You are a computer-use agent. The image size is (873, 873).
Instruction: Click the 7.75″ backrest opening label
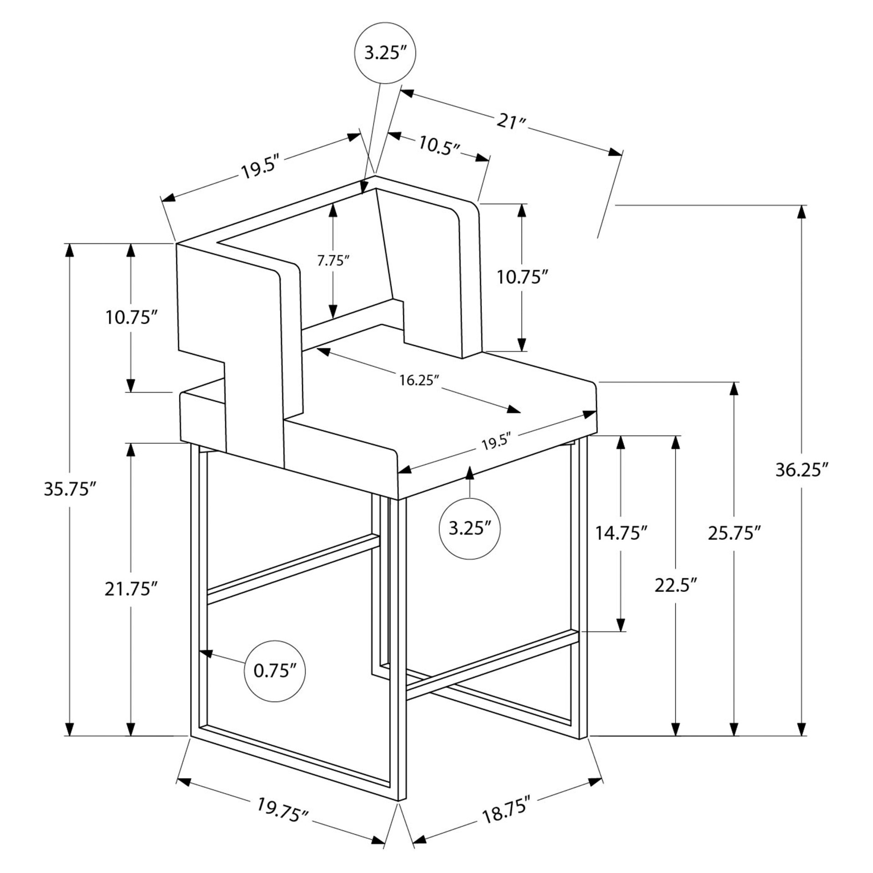(x=333, y=261)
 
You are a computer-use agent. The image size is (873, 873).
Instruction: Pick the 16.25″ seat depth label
(x=419, y=380)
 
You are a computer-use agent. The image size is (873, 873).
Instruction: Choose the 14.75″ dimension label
(x=621, y=533)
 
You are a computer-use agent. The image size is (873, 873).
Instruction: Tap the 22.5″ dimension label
(x=676, y=585)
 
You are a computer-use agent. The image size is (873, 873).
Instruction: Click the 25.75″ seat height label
(x=734, y=533)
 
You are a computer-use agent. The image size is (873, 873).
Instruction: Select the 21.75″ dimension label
(x=131, y=589)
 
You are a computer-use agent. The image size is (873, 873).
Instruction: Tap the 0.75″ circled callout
(x=275, y=671)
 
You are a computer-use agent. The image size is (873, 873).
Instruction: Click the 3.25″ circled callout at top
(x=385, y=53)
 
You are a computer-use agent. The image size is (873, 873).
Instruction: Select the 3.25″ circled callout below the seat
(x=470, y=528)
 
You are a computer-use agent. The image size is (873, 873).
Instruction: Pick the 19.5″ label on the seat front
(x=497, y=442)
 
